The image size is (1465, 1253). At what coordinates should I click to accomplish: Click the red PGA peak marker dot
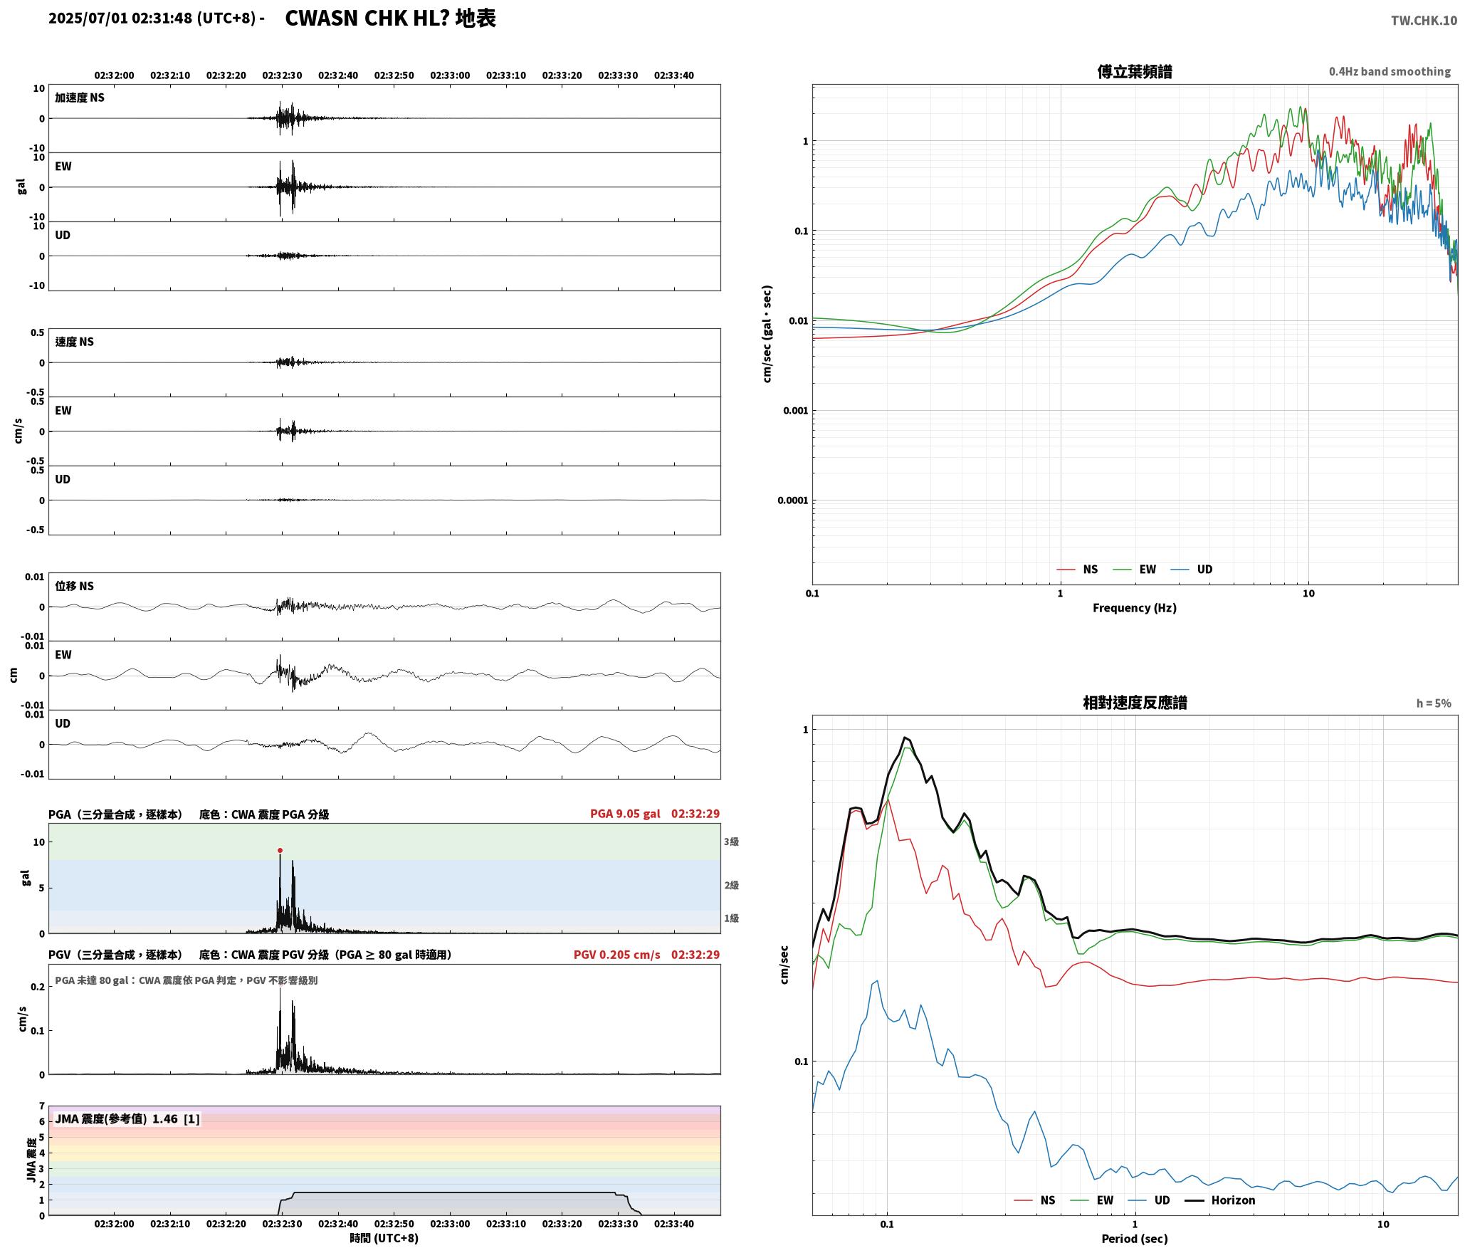tap(280, 850)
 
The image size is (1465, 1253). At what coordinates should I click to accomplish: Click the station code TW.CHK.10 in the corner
tap(1424, 21)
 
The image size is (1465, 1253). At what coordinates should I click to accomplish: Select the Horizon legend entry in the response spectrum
tap(1219, 1200)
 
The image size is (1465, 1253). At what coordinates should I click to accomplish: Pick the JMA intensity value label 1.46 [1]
tap(127, 1119)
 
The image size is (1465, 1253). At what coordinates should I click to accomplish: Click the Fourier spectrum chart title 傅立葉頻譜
tap(1135, 72)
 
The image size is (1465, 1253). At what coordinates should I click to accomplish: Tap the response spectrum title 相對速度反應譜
tap(1135, 703)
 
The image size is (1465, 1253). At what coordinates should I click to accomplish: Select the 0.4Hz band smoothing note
tap(1390, 72)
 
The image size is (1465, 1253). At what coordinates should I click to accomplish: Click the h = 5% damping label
tap(1433, 703)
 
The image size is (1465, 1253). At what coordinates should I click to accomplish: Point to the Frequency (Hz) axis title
tap(1135, 608)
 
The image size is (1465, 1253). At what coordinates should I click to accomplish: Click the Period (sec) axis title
tap(1135, 1239)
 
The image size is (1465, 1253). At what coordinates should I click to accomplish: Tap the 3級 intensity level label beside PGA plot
tap(731, 842)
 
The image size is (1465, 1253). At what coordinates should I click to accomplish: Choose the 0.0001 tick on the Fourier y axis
tap(792, 500)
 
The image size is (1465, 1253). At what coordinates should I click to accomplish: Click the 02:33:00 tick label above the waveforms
tap(450, 75)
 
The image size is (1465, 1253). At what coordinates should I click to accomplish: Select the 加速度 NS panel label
tap(80, 98)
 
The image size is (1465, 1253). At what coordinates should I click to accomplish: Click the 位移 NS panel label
tap(75, 586)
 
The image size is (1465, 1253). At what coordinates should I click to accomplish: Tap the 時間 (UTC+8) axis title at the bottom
tap(384, 1238)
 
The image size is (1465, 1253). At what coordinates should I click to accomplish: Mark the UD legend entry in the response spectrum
tap(1152, 1200)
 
